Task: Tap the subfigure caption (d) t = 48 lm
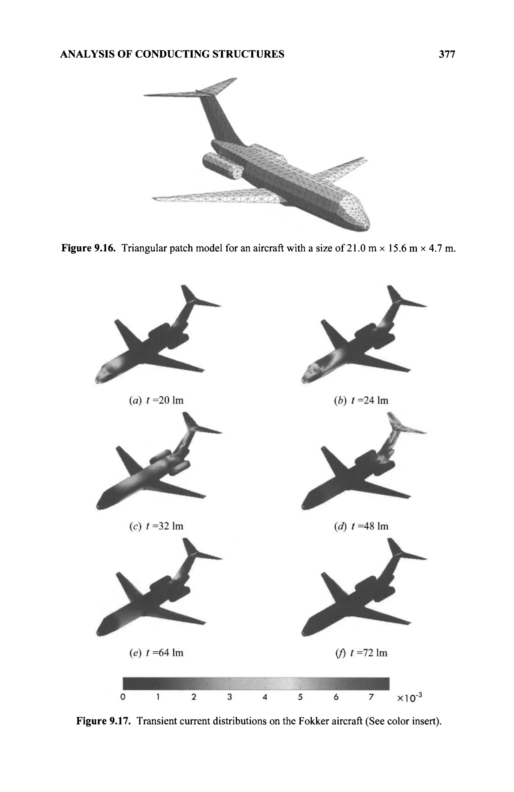(x=361, y=526)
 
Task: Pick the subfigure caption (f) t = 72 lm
(x=361, y=653)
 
